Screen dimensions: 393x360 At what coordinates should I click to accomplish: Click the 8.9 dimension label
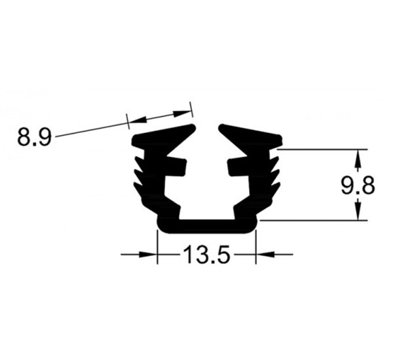tap(34, 137)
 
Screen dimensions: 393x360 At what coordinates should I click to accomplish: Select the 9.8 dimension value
tap(358, 186)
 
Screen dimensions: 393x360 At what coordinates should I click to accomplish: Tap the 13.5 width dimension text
tap(206, 254)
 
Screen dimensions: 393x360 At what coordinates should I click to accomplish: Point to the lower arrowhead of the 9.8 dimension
tap(358, 212)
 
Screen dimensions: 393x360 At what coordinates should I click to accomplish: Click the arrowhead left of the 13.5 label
tap(148, 255)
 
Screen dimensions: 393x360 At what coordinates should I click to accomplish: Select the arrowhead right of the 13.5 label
tap(265, 255)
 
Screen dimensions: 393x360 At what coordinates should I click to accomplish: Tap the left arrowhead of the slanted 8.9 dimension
tap(137, 120)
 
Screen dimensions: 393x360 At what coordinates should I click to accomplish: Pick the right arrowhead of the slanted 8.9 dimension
tap(182, 113)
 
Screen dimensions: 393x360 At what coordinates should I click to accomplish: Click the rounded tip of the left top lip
tap(192, 127)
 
